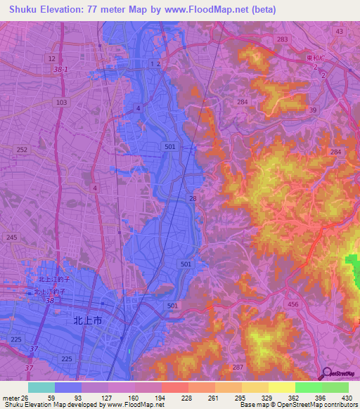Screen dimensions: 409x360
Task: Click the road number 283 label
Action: point(282,40)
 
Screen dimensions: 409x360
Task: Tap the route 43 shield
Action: point(340,32)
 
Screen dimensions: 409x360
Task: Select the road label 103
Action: point(62,102)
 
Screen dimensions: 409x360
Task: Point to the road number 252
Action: point(22,150)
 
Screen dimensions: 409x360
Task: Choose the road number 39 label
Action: point(312,110)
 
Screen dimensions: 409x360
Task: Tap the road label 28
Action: point(193,200)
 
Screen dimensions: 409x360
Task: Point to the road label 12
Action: point(51,58)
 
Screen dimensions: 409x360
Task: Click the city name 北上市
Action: point(88,320)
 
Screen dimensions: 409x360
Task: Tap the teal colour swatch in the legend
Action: point(41,387)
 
